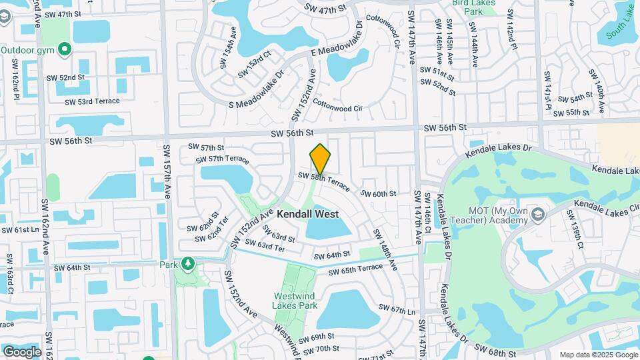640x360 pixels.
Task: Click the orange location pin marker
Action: (x=321, y=159)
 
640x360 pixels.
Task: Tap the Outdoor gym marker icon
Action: (x=64, y=49)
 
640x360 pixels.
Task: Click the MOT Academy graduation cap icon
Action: (x=538, y=214)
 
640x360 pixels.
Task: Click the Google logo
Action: (x=22, y=351)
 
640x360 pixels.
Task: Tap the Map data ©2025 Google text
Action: (x=598, y=355)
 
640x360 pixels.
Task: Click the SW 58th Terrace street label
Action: (x=323, y=181)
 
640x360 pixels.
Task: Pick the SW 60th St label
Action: (x=379, y=193)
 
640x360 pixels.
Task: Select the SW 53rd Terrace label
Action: (x=92, y=101)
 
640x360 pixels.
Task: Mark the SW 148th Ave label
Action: (x=385, y=250)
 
